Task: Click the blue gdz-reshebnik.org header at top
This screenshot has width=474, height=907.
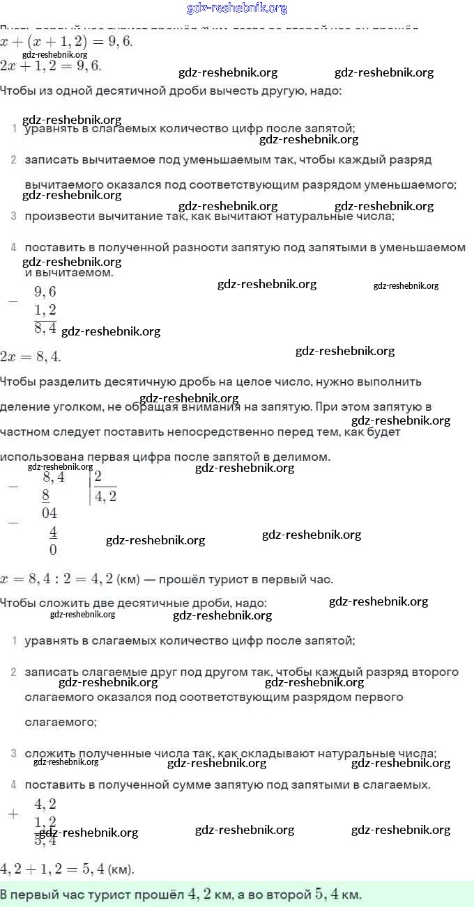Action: (237, 8)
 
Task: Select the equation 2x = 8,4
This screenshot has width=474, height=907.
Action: (31, 356)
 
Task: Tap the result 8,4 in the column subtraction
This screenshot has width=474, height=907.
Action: (45, 327)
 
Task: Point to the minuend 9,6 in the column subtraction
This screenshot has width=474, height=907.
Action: (45, 292)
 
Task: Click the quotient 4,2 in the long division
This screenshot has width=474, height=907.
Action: (105, 496)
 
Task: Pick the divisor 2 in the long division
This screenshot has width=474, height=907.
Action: (98, 477)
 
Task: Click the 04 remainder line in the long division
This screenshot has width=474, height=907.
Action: (49, 514)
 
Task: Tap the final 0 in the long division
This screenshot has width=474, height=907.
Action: (53, 550)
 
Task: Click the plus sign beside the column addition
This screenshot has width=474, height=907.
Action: (13, 814)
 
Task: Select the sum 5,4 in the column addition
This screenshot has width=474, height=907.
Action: (45, 840)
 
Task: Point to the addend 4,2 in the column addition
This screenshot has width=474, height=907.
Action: (45, 804)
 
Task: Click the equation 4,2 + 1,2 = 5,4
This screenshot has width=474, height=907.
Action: (67, 869)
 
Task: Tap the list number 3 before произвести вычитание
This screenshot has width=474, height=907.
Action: (13, 216)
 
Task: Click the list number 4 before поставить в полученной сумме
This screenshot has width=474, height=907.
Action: (13, 785)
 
